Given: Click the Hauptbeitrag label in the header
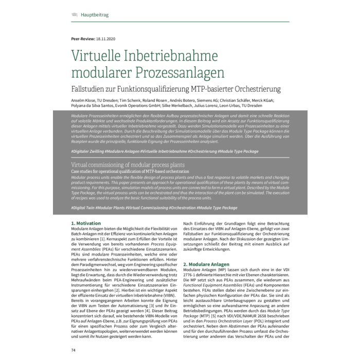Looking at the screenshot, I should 94,15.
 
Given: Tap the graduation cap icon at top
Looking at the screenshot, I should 75,15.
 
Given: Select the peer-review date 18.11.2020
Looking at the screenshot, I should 105,39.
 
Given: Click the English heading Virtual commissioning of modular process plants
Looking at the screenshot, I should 128,165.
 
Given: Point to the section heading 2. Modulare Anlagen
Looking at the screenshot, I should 210,264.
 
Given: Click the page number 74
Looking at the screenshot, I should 74,349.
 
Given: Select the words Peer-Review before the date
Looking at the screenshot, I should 82,39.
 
